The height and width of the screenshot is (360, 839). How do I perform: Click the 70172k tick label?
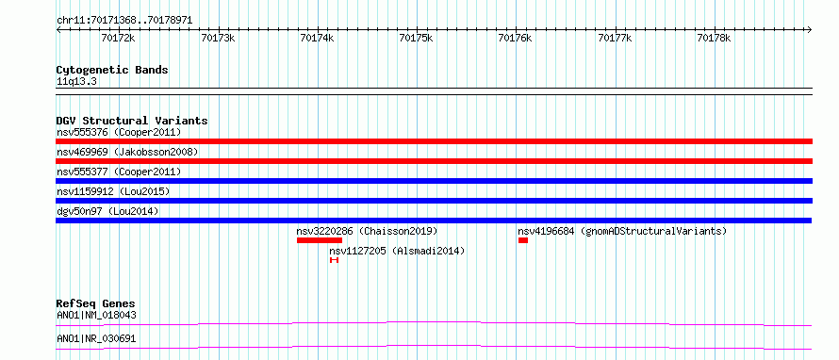click(118, 38)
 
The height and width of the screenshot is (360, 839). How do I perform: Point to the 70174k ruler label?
click(318, 38)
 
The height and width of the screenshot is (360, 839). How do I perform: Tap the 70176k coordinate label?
click(516, 38)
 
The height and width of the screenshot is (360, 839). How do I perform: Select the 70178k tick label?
click(714, 38)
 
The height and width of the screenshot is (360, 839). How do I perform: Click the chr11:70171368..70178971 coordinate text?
click(124, 21)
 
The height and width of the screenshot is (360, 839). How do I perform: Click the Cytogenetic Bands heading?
click(112, 70)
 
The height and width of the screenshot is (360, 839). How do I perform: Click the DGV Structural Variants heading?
click(132, 121)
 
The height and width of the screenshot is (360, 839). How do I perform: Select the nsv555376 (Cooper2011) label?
click(119, 132)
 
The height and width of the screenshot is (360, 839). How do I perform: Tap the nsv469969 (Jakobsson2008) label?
click(127, 152)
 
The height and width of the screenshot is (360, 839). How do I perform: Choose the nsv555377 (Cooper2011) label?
click(119, 172)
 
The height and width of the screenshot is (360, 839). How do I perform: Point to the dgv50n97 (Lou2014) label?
click(107, 211)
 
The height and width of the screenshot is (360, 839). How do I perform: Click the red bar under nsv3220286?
click(320, 240)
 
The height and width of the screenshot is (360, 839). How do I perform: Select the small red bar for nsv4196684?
click(523, 240)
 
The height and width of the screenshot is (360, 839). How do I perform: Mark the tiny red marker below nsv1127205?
click(334, 260)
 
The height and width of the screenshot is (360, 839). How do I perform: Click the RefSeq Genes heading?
click(96, 303)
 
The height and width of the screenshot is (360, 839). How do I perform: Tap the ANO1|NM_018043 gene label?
click(96, 315)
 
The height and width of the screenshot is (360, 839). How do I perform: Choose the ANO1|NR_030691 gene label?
click(96, 338)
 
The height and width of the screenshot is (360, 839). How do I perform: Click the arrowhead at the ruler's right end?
click(810, 29)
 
